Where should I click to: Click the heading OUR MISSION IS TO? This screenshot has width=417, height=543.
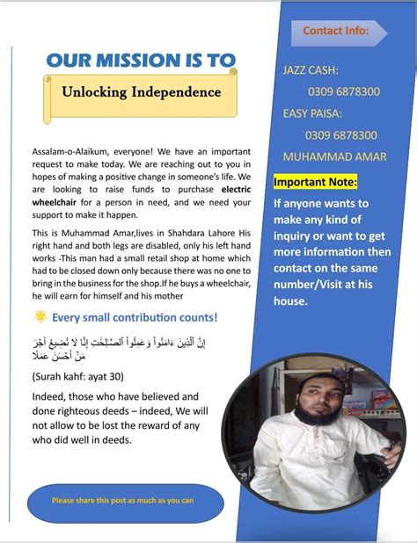(140, 60)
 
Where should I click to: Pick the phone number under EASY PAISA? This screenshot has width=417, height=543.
(341, 135)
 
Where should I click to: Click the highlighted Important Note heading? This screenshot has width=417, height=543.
(316, 182)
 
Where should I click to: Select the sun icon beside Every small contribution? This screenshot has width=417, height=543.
(40, 316)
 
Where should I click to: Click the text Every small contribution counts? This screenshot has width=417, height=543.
(135, 317)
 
